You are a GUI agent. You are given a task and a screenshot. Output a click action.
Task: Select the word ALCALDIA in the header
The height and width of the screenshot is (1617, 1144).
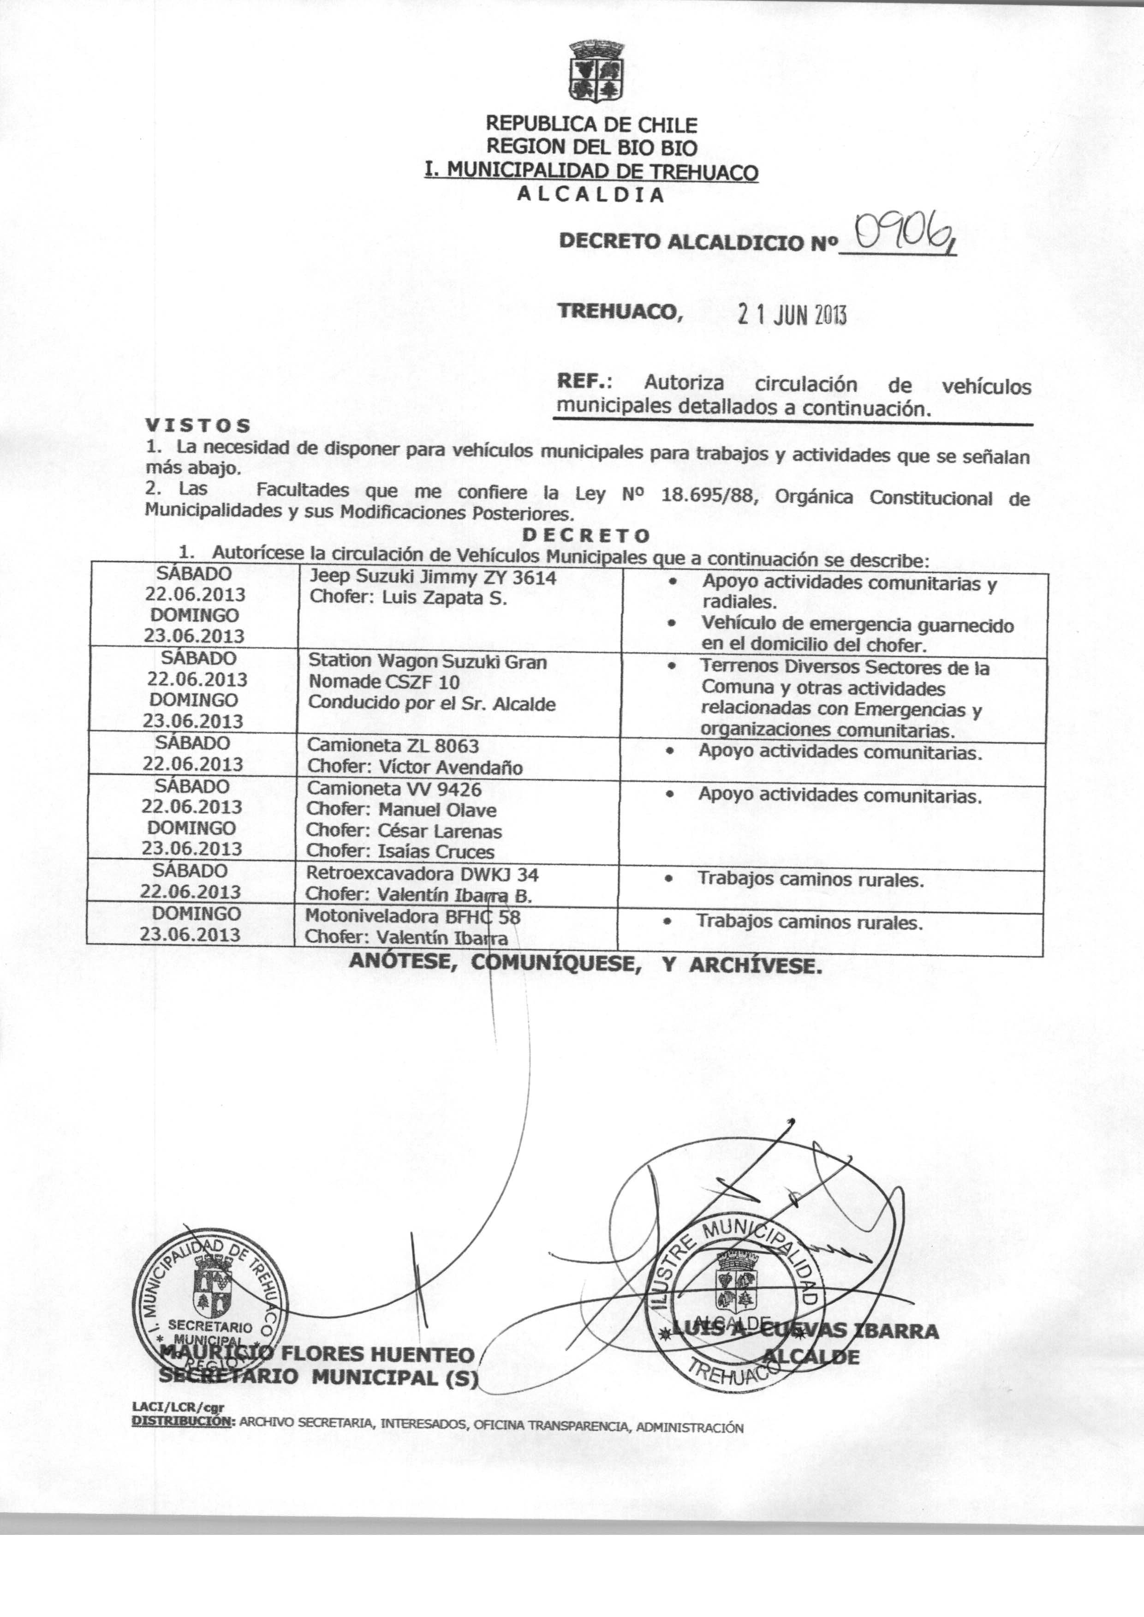pos(590,196)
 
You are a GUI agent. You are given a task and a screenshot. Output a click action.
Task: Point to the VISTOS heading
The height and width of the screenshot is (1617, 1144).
pos(198,425)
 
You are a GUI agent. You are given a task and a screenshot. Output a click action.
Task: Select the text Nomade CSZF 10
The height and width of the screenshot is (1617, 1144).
pos(384,682)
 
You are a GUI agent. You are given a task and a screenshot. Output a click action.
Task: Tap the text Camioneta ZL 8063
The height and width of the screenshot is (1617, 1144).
pos(393,745)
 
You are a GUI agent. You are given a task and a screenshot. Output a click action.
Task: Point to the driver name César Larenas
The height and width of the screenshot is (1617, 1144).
pos(440,832)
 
